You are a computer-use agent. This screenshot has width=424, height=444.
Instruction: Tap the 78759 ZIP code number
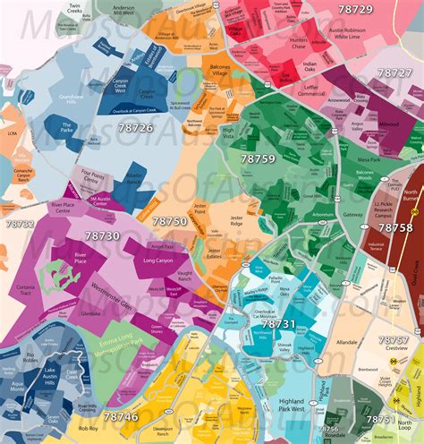pos(258,158)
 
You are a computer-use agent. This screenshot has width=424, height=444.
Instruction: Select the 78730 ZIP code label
pos(102,235)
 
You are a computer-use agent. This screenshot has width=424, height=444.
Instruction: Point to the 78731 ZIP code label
pos(275,323)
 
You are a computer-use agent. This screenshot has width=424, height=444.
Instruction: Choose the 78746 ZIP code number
pos(121,416)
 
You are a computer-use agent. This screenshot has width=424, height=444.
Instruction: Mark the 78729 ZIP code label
pos(356,9)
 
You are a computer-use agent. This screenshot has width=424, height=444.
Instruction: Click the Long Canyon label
pos(160,262)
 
